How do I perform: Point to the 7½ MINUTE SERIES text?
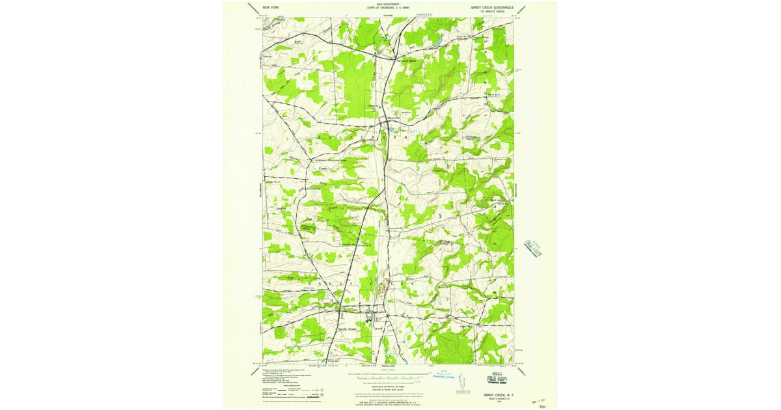pyautogui.click(x=492, y=11)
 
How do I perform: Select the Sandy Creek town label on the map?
pyautogui.click(x=348, y=329)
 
